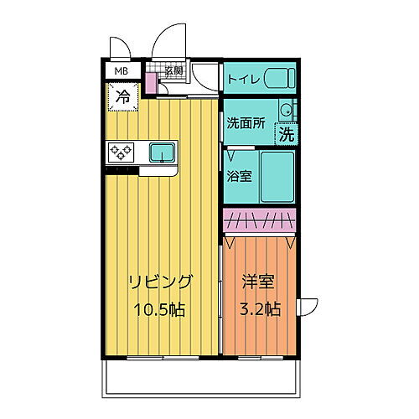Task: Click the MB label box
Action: click(122, 71)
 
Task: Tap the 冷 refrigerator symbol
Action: click(122, 96)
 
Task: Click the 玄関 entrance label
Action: click(173, 70)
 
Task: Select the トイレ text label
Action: click(243, 80)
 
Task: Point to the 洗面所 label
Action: click(246, 122)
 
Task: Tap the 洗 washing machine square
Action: click(287, 133)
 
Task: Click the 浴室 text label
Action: click(240, 176)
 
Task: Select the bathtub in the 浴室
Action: click(277, 177)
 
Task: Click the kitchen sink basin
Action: click(162, 152)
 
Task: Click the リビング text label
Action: click(162, 282)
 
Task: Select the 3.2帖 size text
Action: click(258, 308)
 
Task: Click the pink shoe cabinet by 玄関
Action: click(151, 83)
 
